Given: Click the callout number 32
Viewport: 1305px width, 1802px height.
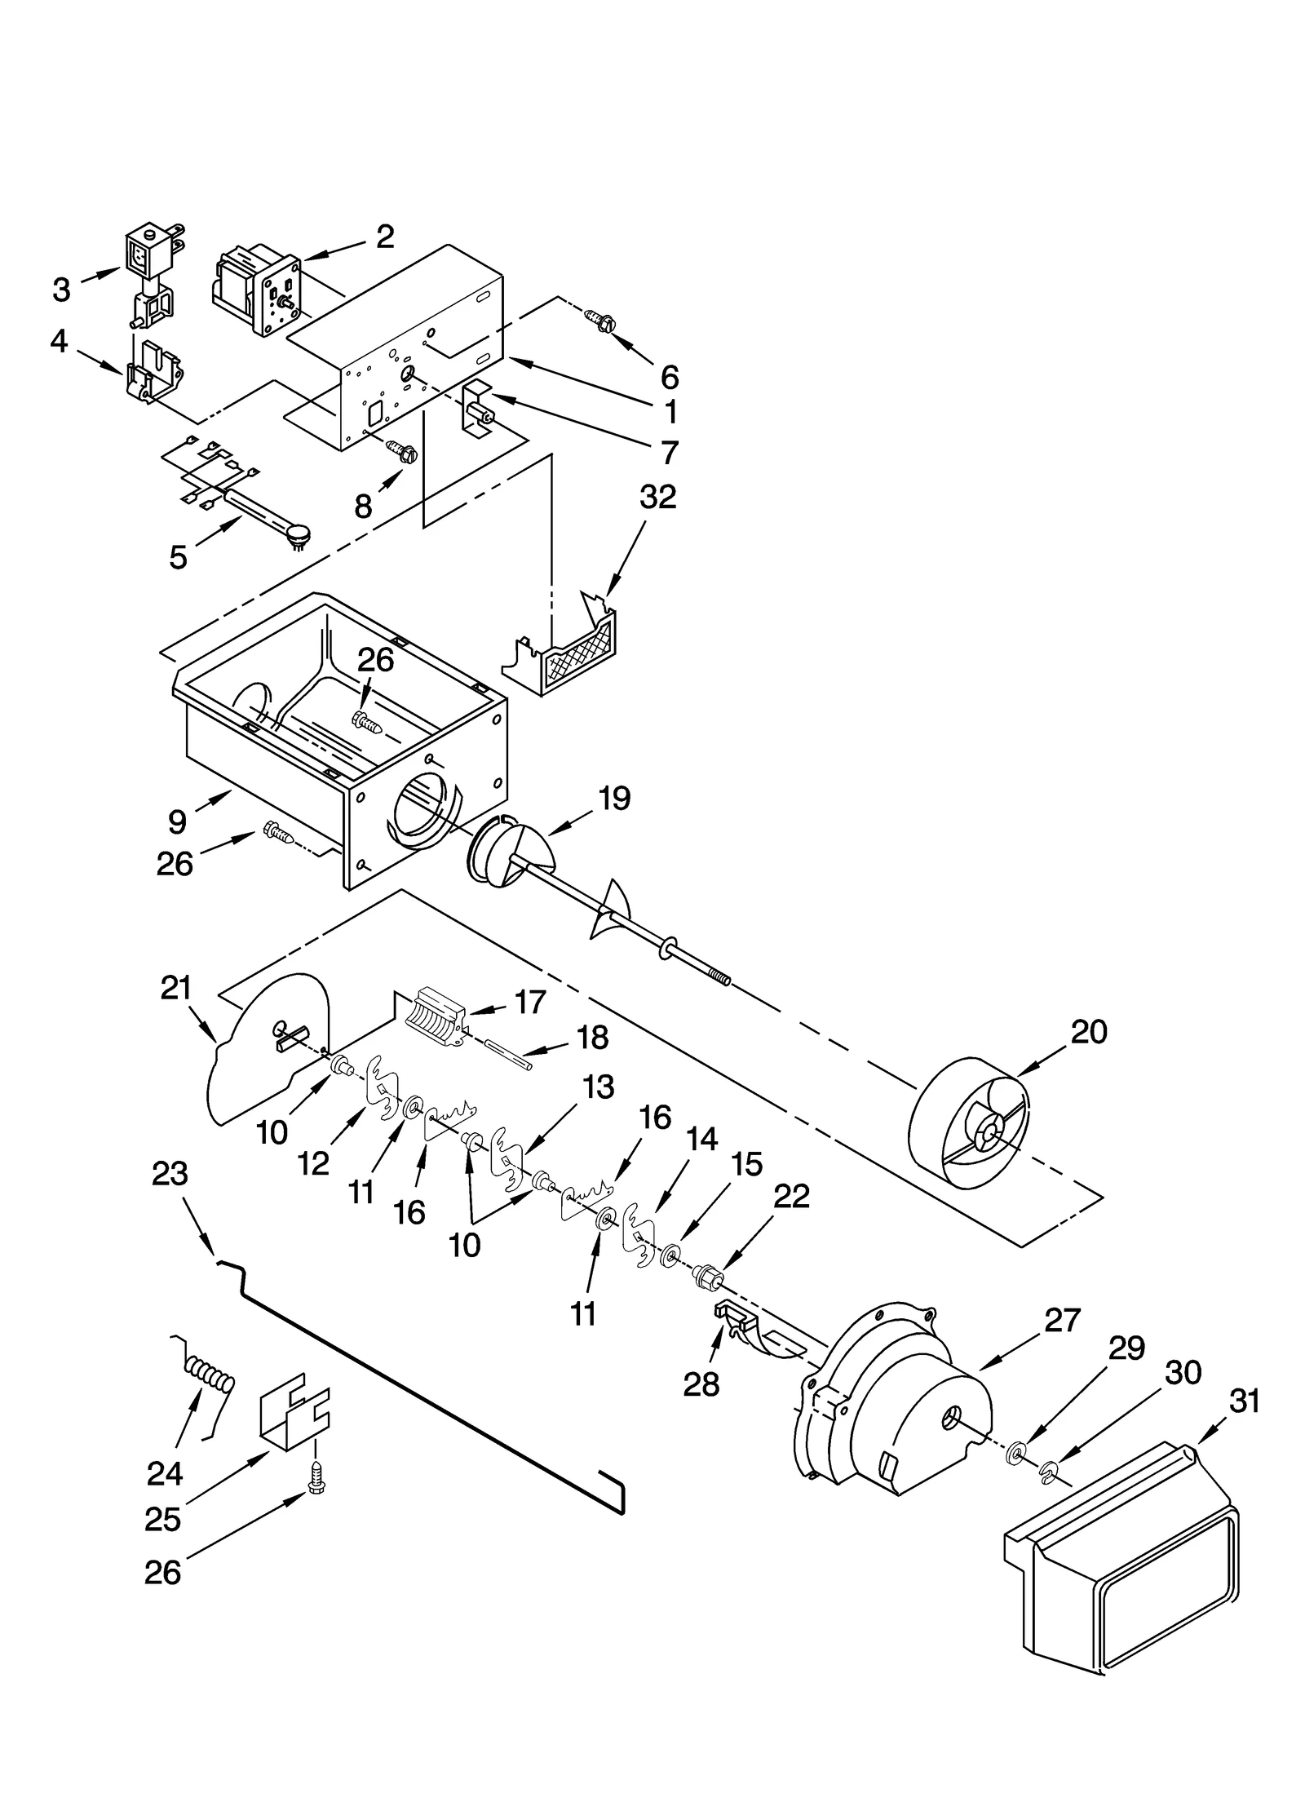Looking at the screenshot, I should [x=657, y=497].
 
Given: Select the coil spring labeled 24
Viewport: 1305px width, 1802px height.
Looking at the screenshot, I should [x=210, y=1378].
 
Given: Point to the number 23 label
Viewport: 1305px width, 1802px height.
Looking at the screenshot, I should [x=170, y=1175].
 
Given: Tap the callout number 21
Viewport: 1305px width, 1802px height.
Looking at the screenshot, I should [x=175, y=988].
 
